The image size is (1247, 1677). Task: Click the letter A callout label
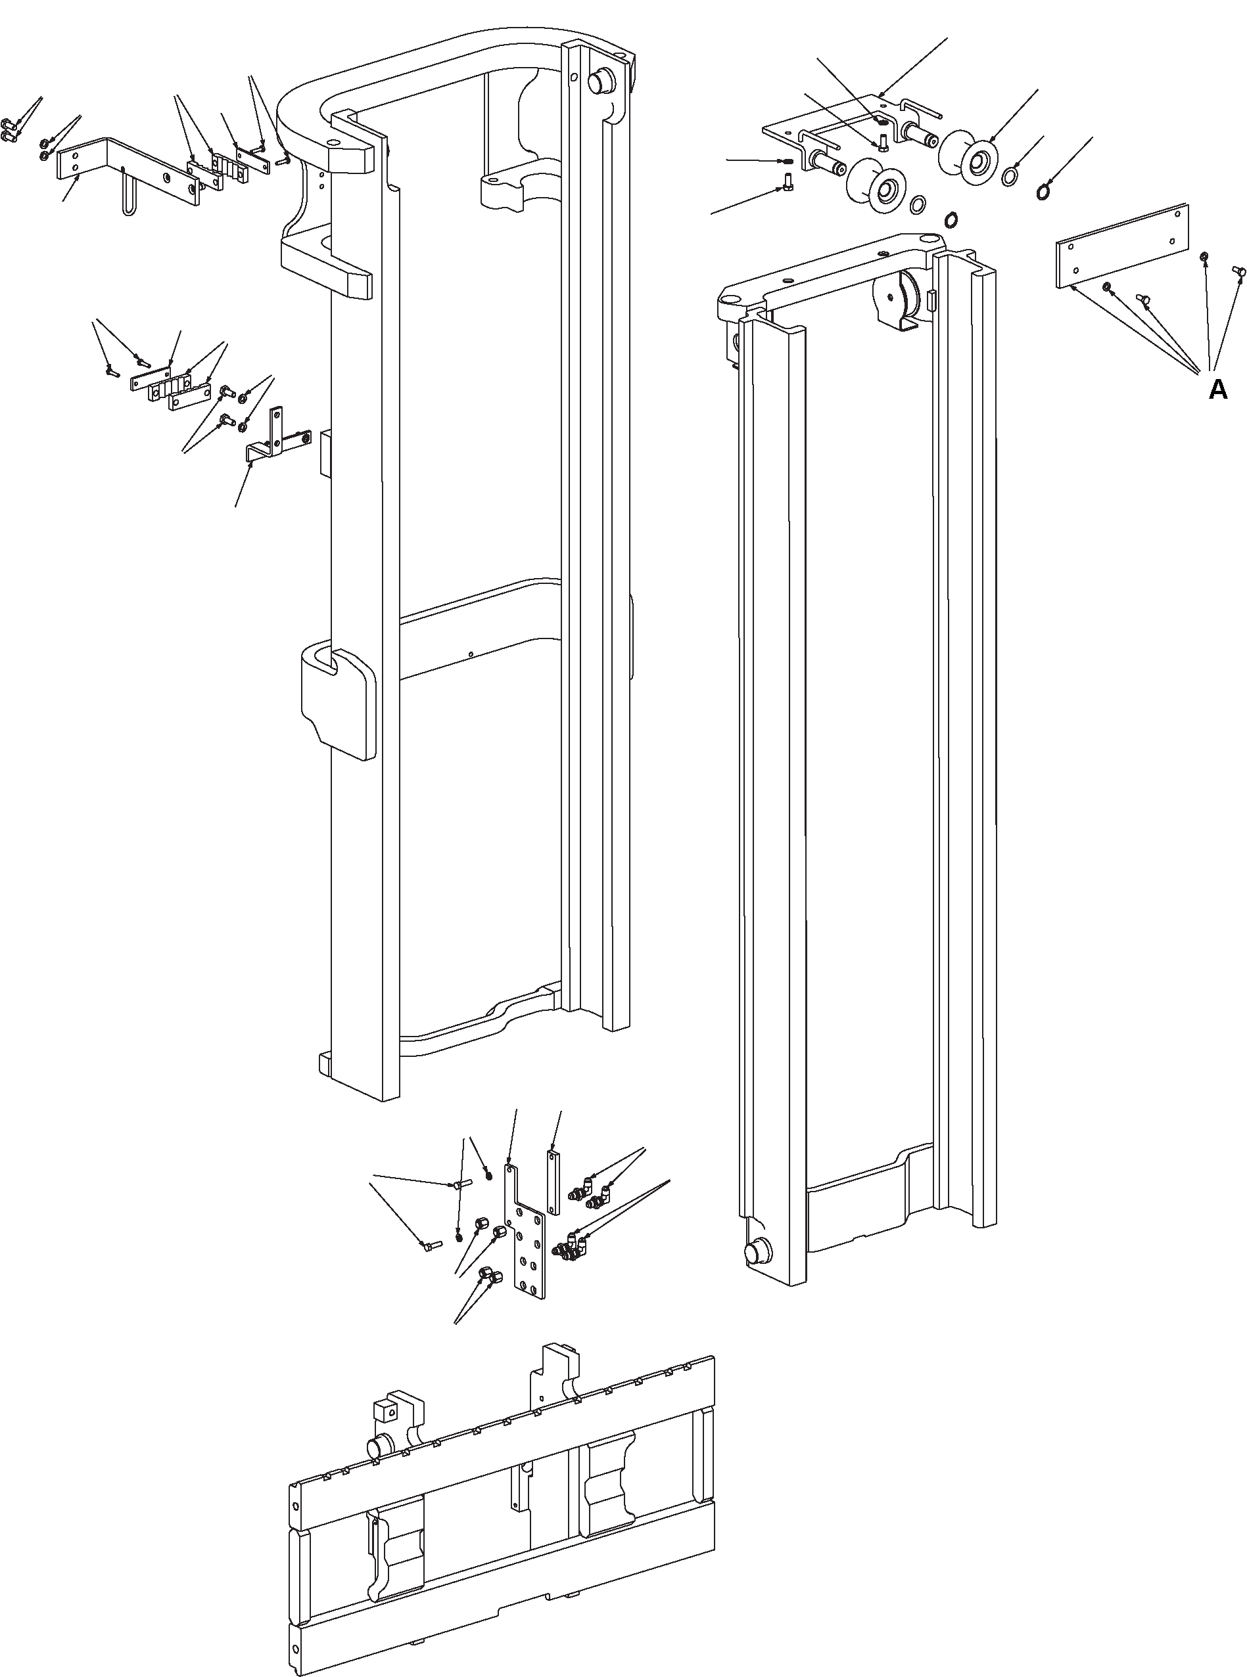[1217, 390]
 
